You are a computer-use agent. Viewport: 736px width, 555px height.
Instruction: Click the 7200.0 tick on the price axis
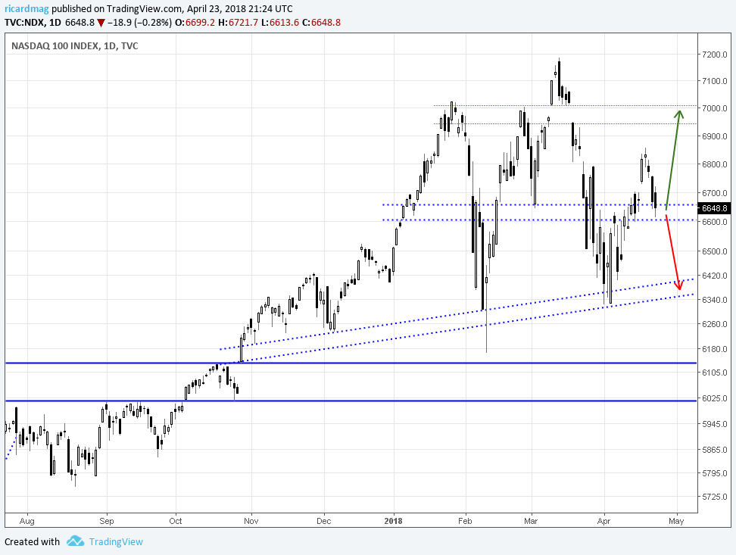[x=715, y=55]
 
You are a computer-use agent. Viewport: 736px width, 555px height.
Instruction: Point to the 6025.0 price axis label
[x=715, y=398]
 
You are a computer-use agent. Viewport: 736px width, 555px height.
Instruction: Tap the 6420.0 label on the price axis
[x=715, y=276]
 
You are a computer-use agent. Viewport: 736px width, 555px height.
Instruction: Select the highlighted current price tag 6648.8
[x=714, y=207]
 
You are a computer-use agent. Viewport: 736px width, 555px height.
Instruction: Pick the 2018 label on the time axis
[x=393, y=521]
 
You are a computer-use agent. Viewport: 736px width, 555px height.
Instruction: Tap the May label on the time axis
[x=676, y=521]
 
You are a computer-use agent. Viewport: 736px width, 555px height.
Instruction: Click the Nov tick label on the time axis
[x=251, y=521]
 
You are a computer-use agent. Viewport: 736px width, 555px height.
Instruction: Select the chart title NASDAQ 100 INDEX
[x=55, y=46]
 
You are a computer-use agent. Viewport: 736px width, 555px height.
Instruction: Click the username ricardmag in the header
[x=27, y=8]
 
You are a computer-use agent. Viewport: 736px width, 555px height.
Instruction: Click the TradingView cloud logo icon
[x=75, y=541]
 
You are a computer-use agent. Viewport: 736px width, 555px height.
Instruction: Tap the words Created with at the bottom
[x=32, y=541]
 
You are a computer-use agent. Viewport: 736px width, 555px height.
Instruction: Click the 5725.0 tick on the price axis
[x=715, y=497]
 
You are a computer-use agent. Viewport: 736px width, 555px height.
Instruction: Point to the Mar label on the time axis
[x=531, y=521]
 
